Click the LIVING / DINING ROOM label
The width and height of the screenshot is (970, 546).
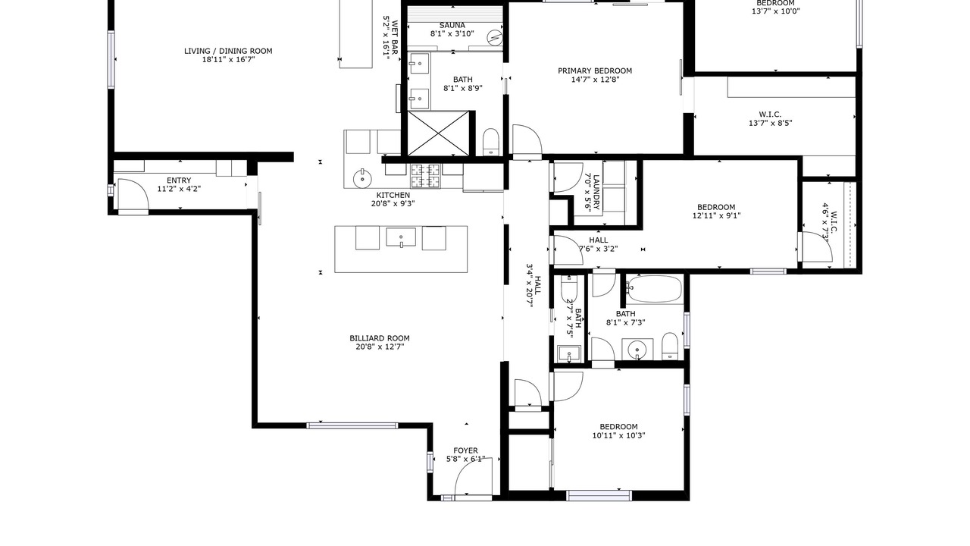pos(228,51)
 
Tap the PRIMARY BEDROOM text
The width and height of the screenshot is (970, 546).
pos(595,71)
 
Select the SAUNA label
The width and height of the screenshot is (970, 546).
pos(452,26)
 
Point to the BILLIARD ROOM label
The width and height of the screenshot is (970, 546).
pos(380,338)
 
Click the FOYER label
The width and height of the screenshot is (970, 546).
pos(465,451)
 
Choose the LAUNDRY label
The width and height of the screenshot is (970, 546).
pos(596,193)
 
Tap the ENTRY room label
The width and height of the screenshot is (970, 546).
pos(179,180)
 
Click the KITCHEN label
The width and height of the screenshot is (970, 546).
pos(393,196)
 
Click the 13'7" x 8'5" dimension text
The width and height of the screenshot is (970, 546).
pos(771,123)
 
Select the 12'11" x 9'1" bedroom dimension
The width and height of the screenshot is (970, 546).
pos(716,216)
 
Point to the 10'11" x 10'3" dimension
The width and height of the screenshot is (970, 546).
pos(618,435)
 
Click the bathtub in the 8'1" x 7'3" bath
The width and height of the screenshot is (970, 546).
pos(654,289)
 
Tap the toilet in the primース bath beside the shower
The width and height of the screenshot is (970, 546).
pos(491,141)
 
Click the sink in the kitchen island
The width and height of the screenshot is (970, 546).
pos(401,237)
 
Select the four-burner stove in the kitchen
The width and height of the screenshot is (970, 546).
pos(425,176)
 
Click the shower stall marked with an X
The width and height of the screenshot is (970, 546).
pos(438,133)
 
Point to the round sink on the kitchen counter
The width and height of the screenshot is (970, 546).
pos(362,178)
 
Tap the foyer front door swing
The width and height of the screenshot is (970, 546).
pos(474,478)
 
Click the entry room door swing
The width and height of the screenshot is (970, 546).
pos(133,194)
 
